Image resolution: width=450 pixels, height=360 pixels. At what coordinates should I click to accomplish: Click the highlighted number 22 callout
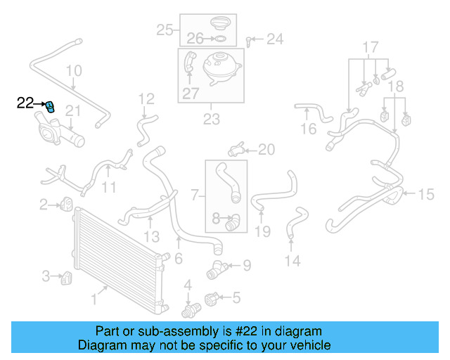[25, 103]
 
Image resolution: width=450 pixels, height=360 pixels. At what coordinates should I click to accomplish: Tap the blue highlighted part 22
[50, 107]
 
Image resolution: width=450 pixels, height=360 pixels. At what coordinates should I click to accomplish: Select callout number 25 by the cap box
[165, 30]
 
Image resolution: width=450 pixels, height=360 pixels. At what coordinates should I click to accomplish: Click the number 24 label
[274, 39]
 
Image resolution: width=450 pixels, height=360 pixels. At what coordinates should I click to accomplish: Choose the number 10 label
[74, 71]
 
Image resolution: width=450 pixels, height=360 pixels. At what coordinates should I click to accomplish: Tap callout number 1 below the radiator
[94, 299]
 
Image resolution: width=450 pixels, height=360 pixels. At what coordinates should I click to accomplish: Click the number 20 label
[266, 149]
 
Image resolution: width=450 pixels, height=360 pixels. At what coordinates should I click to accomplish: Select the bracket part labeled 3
[67, 278]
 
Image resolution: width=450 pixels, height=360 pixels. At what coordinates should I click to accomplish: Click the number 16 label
[309, 129]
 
